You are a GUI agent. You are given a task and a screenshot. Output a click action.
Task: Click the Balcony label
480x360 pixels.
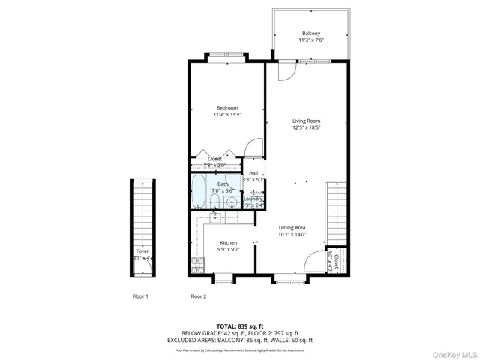(x=310, y=34)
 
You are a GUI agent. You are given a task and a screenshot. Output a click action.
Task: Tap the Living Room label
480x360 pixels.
(x=306, y=121)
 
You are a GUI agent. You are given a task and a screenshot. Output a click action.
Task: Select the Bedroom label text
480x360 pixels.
(x=227, y=108)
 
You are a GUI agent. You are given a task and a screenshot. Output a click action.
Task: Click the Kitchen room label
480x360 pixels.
(x=229, y=243)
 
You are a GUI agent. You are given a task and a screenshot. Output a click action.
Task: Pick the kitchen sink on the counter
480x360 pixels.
(x=215, y=218)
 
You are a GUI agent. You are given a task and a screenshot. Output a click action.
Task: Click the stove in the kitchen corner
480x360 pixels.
(x=198, y=265)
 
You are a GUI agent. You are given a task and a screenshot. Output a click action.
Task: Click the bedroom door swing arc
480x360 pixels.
(x=254, y=148)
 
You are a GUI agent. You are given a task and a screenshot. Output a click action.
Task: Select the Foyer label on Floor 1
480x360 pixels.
(x=142, y=252)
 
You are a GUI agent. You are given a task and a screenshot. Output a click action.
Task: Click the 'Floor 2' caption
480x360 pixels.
(x=198, y=296)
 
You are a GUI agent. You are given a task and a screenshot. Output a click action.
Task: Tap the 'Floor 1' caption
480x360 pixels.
(x=140, y=296)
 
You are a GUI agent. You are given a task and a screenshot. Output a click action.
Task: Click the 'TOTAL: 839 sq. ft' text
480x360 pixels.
(x=239, y=325)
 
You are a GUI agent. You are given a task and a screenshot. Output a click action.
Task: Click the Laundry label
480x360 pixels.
(x=253, y=199)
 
